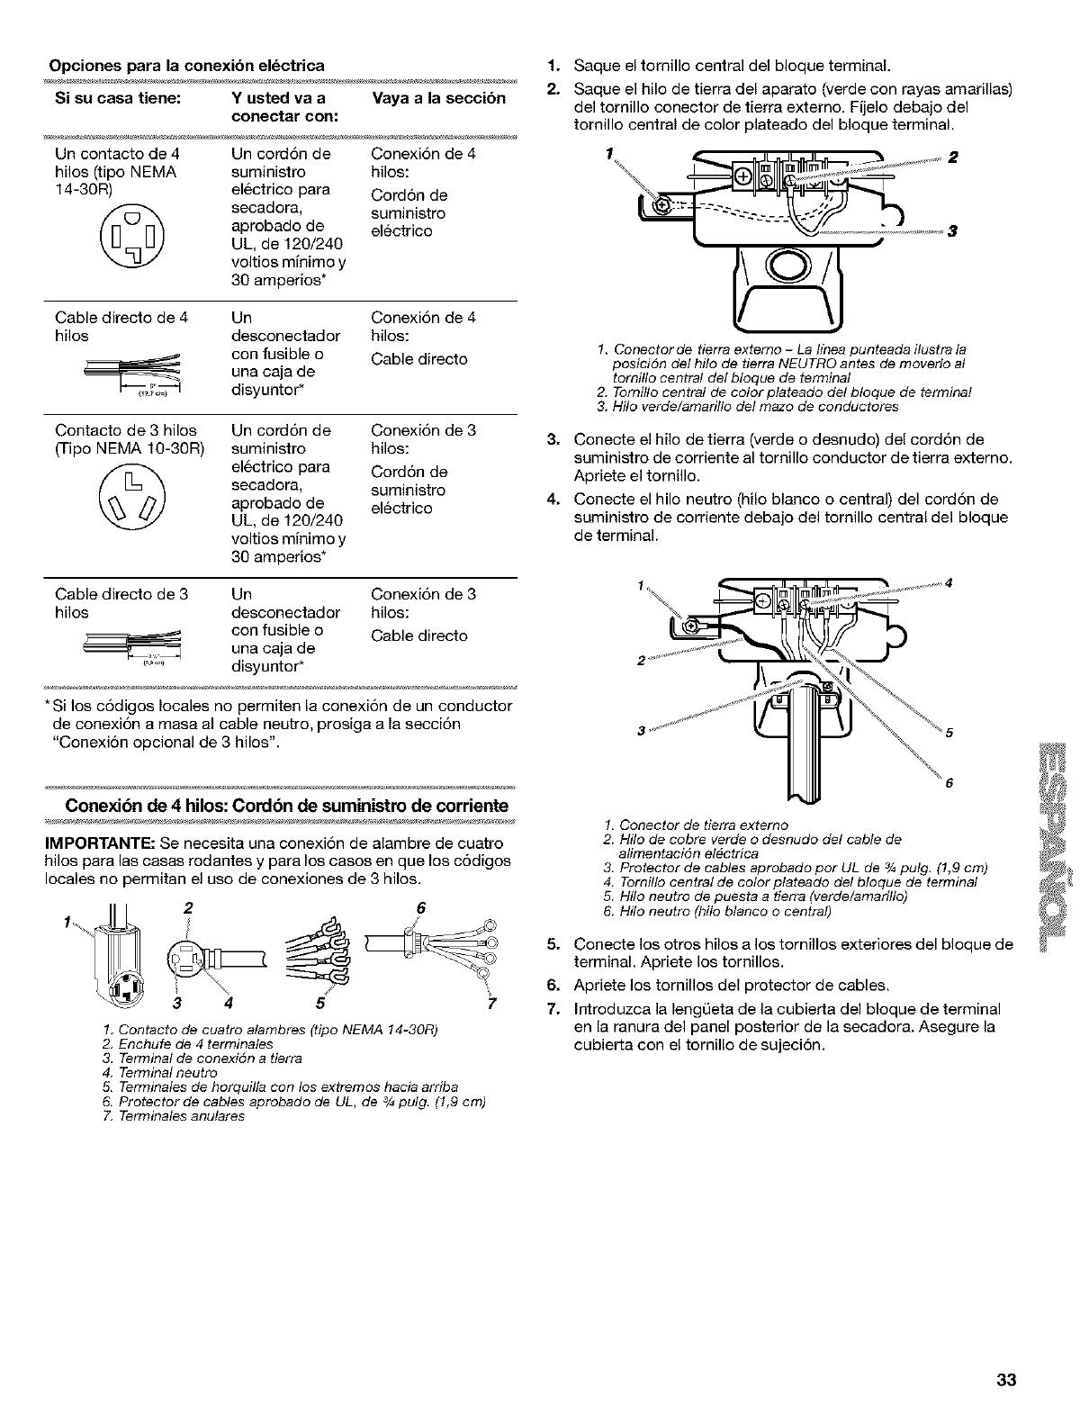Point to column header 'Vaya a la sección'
pos(438,98)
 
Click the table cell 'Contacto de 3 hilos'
pos(125,430)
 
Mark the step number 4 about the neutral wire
pos(554,500)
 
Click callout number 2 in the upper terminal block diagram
pos(953,157)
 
